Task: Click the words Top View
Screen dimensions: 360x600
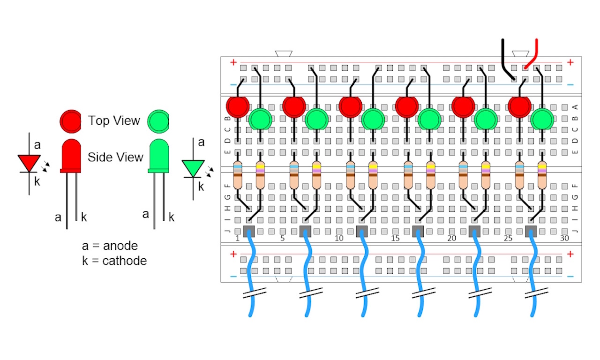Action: (x=114, y=121)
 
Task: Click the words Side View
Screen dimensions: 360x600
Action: (x=115, y=157)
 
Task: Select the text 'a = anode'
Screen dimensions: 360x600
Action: (x=110, y=246)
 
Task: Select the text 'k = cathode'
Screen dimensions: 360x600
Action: (x=114, y=261)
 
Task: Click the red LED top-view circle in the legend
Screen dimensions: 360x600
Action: (x=71, y=121)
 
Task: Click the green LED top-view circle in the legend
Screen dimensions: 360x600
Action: (x=157, y=121)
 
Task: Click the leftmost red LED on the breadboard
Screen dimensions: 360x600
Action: (x=238, y=106)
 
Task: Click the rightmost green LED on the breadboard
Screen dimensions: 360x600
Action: (x=542, y=119)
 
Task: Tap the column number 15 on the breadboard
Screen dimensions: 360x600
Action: (x=395, y=239)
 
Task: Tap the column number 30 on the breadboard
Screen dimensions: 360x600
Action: (x=564, y=239)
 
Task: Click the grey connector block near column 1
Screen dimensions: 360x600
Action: (x=249, y=231)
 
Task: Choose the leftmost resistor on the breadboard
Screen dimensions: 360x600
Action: (x=238, y=174)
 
